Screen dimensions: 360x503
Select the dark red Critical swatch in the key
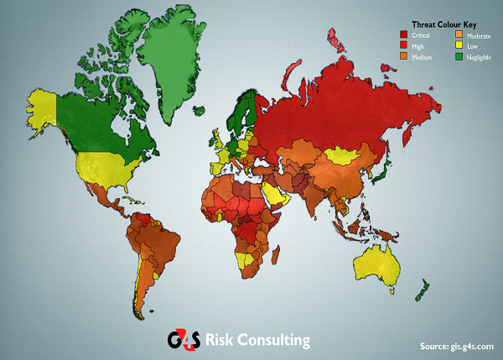point(403,34)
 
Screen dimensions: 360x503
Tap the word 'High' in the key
point(418,46)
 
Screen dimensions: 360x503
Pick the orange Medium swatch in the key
point(403,56)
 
